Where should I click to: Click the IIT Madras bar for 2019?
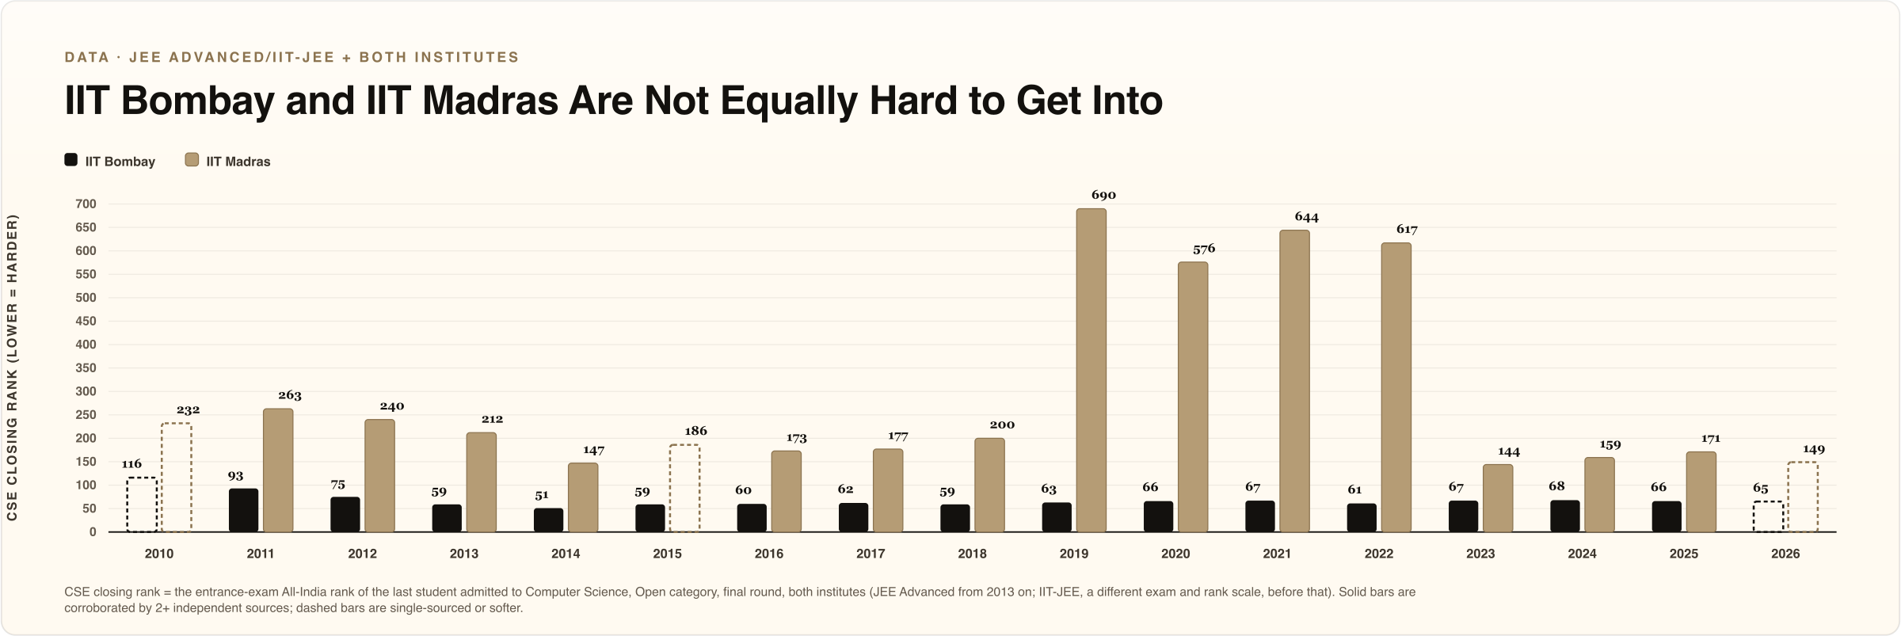tap(1091, 370)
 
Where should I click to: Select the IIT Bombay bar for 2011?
tap(243, 510)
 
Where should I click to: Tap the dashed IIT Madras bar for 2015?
tap(684, 488)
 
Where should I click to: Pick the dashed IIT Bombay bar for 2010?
tap(142, 505)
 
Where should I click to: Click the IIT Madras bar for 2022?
tap(1396, 387)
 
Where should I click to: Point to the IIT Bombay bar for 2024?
tap(1565, 516)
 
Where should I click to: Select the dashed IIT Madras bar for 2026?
tap(1803, 497)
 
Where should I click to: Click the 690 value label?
tap(1103, 195)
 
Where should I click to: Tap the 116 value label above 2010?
tap(131, 464)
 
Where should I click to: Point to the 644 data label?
tap(1307, 217)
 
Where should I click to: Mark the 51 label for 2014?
tap(542, 495)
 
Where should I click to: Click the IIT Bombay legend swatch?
tap(71, 160)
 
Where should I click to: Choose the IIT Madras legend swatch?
tap(192, 160)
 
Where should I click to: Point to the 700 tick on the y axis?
tap(86, 204)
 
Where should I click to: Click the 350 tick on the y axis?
tap(86, 368)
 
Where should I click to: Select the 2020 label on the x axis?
tap(1175, 554)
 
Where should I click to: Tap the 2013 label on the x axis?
tap(464, 554)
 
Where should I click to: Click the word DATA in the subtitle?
tap(87, 57)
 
